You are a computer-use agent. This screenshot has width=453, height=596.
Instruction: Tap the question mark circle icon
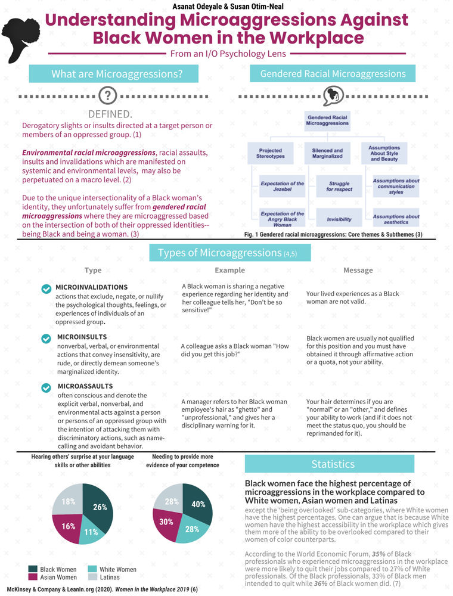[x=107, y=95]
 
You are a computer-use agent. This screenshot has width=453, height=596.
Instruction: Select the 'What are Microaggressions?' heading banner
[x=116, y=74]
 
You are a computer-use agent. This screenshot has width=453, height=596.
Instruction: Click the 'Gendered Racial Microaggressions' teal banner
[x=333, y=74]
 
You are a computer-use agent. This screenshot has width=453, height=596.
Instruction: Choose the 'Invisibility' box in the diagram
[x=339, y=219]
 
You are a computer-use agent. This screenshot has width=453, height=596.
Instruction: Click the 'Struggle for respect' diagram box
[x=339, y=186]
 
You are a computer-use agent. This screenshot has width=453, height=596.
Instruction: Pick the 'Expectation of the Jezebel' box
[x=283, y=187]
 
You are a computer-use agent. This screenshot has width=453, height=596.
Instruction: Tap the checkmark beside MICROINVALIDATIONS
[x=46, y=289]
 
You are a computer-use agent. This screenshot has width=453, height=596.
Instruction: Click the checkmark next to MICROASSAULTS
[x=46, y=388]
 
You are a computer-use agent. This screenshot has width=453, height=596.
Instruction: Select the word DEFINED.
[x=110, y=114]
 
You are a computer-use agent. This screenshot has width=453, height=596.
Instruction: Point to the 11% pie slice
[x=91, y=533]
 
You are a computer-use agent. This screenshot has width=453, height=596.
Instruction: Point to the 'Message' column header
[x=358, y=270]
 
